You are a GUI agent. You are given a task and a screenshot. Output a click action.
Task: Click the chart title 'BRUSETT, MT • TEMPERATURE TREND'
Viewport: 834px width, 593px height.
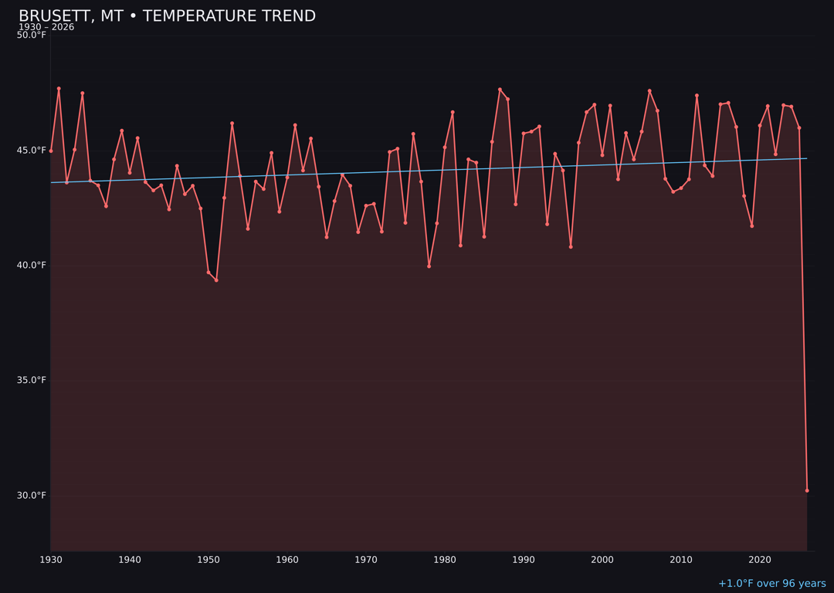167,16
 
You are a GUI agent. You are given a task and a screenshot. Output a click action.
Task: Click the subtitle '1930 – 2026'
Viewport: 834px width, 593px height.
46,28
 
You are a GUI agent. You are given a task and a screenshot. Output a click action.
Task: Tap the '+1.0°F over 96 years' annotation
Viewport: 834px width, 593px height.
771,584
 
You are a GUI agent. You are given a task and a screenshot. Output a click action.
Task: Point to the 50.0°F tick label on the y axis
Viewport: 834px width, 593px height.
32,36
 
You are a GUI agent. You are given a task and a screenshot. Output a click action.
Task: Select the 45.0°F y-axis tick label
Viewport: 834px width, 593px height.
32,151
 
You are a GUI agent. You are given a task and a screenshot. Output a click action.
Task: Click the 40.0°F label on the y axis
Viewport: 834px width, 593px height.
32,266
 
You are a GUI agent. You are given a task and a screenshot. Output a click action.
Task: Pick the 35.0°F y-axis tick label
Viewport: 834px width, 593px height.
32,381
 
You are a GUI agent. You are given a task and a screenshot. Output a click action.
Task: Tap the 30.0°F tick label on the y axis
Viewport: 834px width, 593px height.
32,496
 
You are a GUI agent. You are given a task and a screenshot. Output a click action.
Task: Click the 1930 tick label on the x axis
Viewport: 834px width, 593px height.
51,560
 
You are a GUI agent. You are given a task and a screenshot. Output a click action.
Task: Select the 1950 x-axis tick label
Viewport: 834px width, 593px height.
208,560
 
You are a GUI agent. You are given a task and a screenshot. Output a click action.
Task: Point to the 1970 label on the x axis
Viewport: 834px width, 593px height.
366,560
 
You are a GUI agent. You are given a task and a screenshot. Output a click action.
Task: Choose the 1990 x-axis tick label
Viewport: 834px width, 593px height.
524,560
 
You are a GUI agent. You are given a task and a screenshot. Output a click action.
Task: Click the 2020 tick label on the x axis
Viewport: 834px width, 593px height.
760,560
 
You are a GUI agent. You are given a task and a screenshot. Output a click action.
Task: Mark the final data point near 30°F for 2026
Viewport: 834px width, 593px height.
807,490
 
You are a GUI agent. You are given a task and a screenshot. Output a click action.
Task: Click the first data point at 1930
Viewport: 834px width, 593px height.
51,151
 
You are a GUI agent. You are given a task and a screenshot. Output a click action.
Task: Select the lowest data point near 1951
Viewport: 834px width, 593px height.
216,280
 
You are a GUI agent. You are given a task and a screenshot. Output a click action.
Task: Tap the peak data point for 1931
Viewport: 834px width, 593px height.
59,89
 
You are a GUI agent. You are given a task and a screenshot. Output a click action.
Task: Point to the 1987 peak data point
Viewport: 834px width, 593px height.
500,90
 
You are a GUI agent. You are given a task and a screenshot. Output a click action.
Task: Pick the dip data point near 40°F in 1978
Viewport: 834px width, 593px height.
429,266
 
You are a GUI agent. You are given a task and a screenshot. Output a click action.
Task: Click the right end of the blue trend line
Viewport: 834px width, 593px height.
807,158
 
